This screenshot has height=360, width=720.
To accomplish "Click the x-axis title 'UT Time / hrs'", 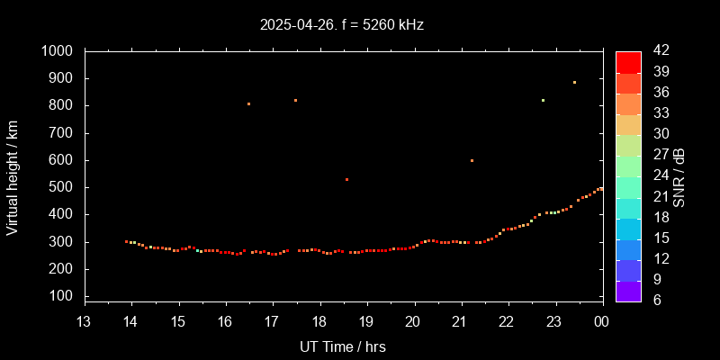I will [x=342, y=346].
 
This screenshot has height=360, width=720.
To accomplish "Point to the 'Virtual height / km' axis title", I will [x=13, y=176].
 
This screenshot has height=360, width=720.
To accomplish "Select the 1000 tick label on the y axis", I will [x=58, y=51].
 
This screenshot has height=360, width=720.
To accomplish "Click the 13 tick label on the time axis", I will [x=84, y=322].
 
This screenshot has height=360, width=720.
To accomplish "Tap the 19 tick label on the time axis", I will [x=366, y=322].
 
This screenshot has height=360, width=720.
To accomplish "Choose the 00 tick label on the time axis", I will [x=601, y=322].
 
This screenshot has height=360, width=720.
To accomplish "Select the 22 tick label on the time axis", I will [x=508, y=322].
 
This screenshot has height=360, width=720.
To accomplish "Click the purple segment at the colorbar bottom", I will [x=628, y=290].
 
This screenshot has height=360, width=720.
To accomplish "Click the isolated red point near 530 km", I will [x=346, y=179].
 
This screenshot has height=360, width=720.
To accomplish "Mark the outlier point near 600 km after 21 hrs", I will [x=472, y=160].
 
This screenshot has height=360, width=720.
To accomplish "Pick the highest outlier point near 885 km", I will [x=574, y=83].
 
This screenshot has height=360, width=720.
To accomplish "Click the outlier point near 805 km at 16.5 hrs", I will [x=248, y=104].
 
